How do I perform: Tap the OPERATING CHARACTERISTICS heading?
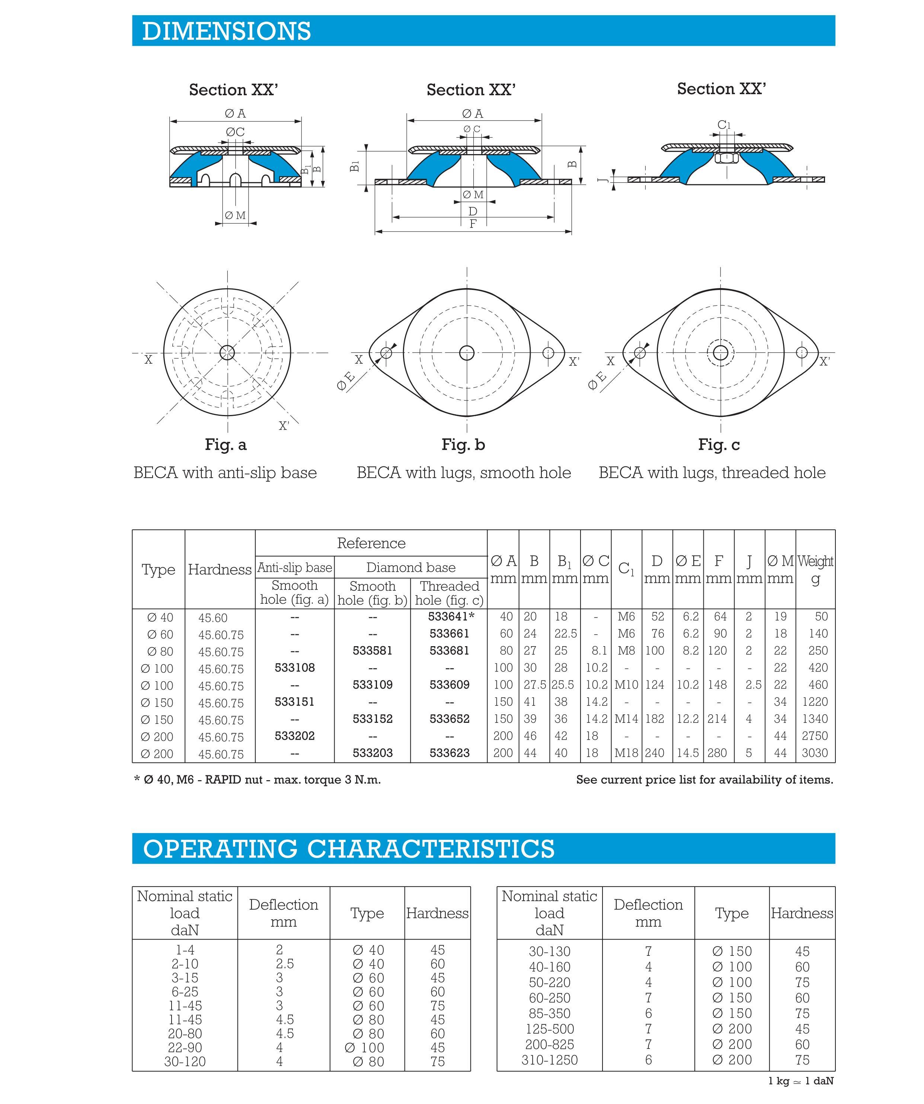pos(348,849)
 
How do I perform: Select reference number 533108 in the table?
pos(294,668)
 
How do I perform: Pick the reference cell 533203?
pos(372,753)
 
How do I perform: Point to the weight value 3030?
pos(815,753)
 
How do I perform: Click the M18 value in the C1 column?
pos(626,753)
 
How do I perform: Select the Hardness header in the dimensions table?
pos(220,569)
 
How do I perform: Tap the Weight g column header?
pos(815,569)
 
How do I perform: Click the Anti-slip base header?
pos(294,568)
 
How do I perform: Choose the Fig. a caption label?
pos(226,445)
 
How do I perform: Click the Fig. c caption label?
pos(719,445)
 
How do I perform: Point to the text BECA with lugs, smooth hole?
pos(464,473)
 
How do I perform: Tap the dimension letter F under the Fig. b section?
pos(473,224)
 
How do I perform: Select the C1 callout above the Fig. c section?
pos(724,125)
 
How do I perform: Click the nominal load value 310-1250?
pos(549,1060)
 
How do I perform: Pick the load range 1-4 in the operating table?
pos(185,950)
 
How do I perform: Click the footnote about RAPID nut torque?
pos(258,780)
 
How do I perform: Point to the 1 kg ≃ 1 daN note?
pos(800,1081)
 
